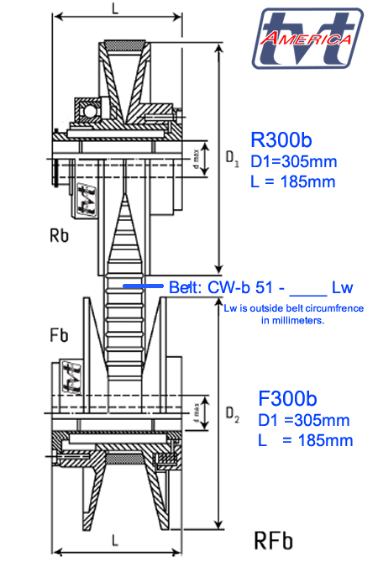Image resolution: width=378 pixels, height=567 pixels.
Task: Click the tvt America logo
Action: pyautogui.click(x=310, y=39)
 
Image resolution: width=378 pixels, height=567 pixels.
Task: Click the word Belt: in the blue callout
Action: pyautogui.click(x=185, y=287)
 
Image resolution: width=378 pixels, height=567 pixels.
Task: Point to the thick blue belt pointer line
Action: pyautogui.click(x=144, y=286)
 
